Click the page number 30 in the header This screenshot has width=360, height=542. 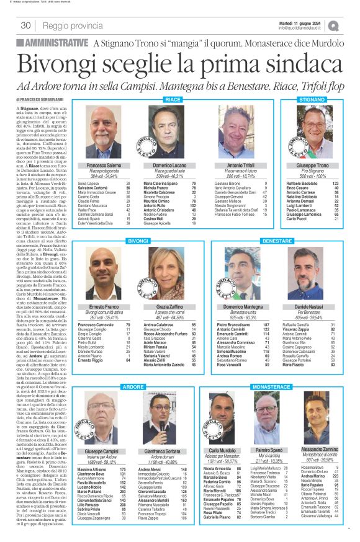26,25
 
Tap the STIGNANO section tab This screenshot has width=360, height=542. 311,99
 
